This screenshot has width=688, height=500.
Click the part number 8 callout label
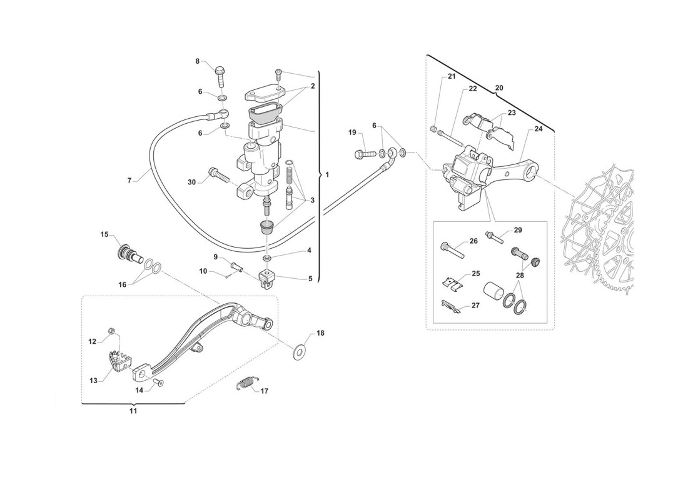tap(198, 61)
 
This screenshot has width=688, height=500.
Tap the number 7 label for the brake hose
tap(129, 180)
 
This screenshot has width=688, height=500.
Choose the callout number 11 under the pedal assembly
tap(133, 411)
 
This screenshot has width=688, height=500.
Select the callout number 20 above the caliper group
tap(499, 87)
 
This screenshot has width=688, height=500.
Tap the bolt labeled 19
tap(365, 154)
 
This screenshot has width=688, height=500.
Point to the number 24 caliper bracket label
tap(539, 129)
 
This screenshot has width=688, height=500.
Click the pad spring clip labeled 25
tap(452, 284)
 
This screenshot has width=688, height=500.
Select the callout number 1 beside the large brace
tap(327, 174)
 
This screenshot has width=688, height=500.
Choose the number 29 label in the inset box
tap(518, 230)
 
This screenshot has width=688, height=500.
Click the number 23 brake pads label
tap(512, 112)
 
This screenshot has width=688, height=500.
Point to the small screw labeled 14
tap(158, 382)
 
